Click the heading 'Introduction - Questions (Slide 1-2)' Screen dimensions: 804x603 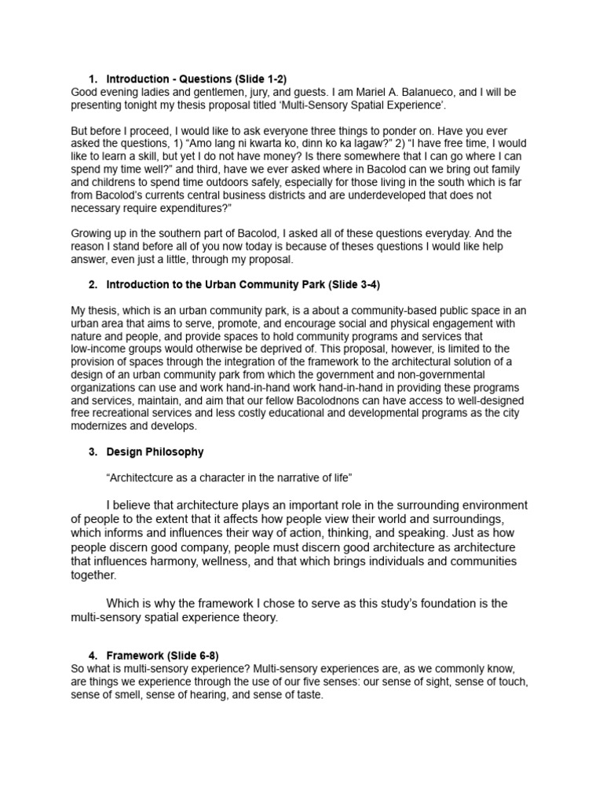[196, 79]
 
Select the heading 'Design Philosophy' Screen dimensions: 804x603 [155, 451]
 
